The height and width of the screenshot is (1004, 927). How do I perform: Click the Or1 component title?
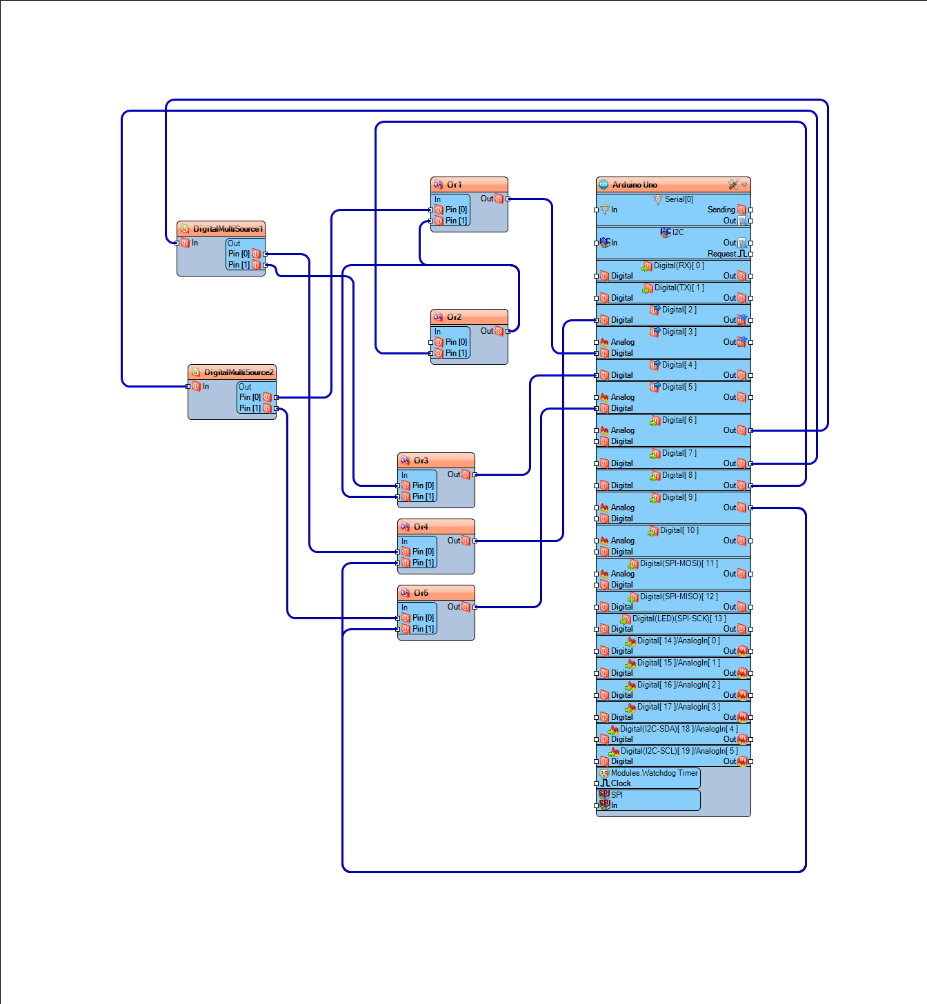(x=454, y=185)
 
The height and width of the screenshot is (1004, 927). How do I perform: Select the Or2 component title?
(x=454, y=317)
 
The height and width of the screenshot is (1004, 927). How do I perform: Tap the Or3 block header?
(x=421, y=461)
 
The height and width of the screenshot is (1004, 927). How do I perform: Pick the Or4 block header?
(x=421, y=527)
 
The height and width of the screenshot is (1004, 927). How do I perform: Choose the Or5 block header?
(x=421, y=593)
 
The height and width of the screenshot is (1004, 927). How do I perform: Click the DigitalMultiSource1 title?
(x=228, y=229)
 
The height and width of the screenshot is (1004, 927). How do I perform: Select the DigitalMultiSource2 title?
(x=239, y=372)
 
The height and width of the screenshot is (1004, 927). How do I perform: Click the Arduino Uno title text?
(x=635, y=185)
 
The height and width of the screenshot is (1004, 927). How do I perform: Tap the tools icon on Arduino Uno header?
(x=733, y=185)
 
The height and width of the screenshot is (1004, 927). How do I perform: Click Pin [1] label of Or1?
(x=456, y=221)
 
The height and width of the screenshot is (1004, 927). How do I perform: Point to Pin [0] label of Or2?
(x=456, y=342)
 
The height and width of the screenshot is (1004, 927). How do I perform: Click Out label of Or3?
(x=454, y=474)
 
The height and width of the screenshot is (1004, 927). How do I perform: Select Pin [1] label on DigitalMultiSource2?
(x=250, y=408)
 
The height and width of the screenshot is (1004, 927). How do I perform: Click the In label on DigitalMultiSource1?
(x=195, y=243)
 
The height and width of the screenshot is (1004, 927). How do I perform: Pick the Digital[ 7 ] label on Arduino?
(x=679, y=454)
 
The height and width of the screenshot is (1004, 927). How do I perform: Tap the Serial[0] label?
(x=679, y=200)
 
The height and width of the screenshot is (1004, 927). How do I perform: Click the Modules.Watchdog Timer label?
(x=655, y=773)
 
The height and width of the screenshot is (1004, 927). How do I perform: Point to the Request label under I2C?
(x=721, y=254)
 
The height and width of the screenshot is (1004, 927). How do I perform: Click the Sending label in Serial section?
(x=721, y=210)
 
